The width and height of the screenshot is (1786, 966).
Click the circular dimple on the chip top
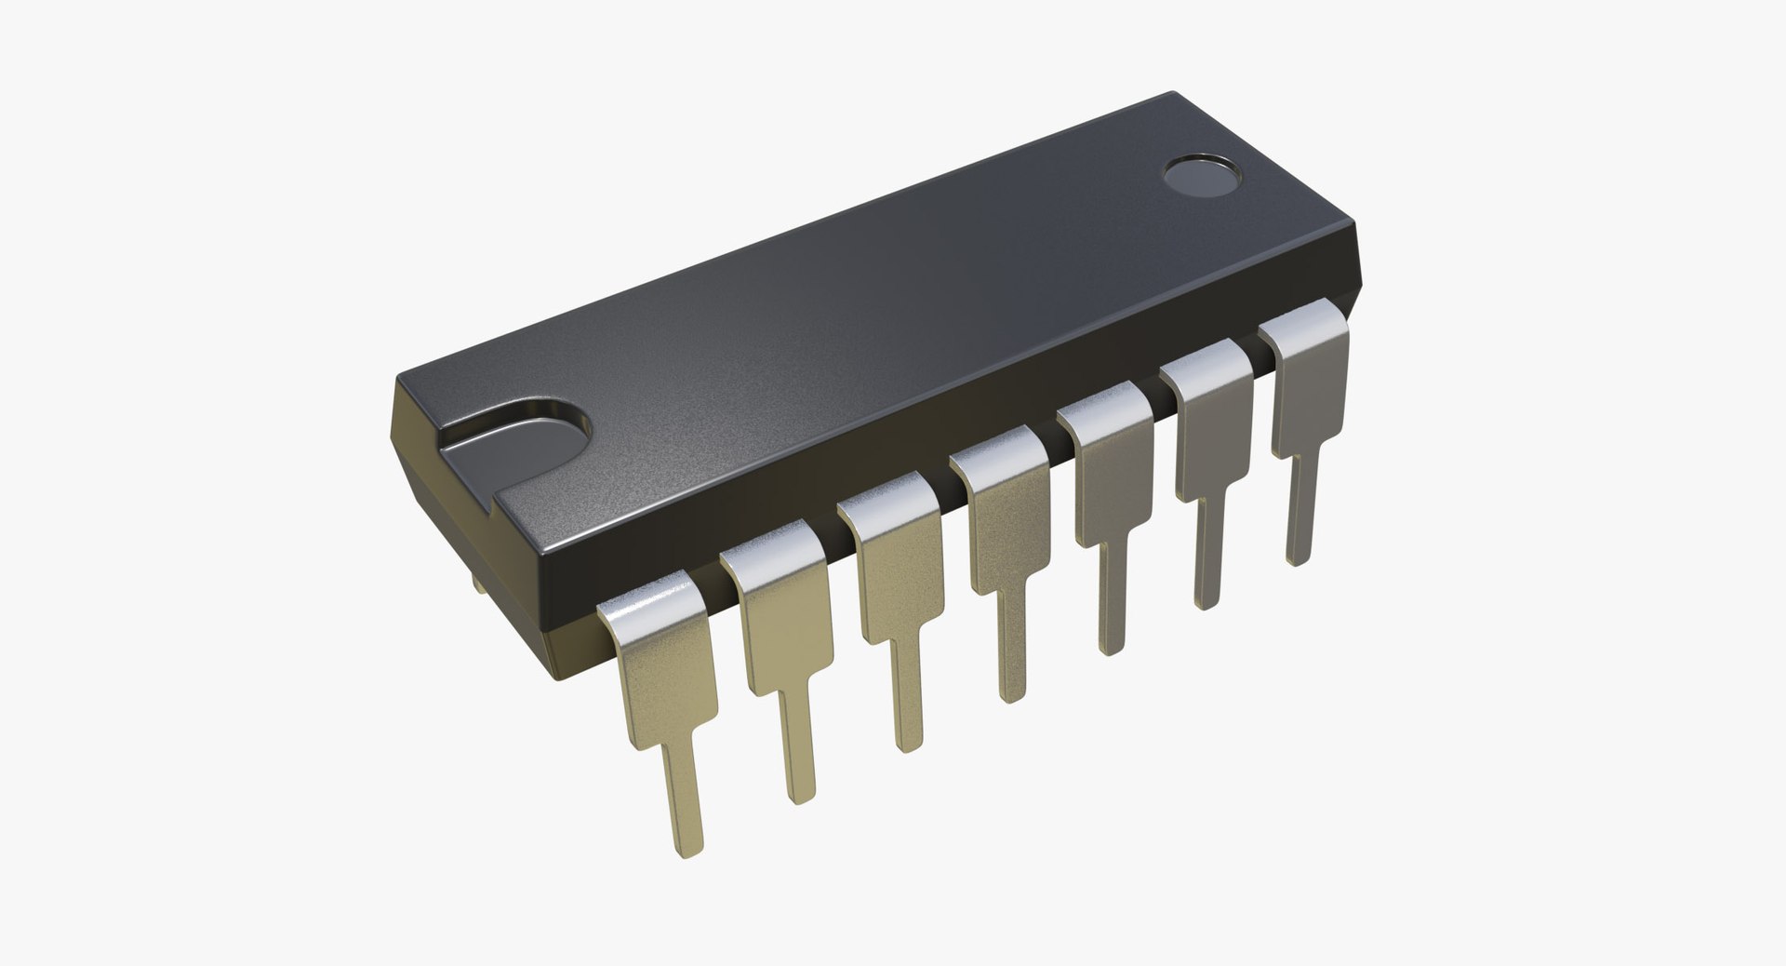(x=1203, y=178)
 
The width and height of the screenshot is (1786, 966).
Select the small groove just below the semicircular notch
(x=490, y=508)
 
